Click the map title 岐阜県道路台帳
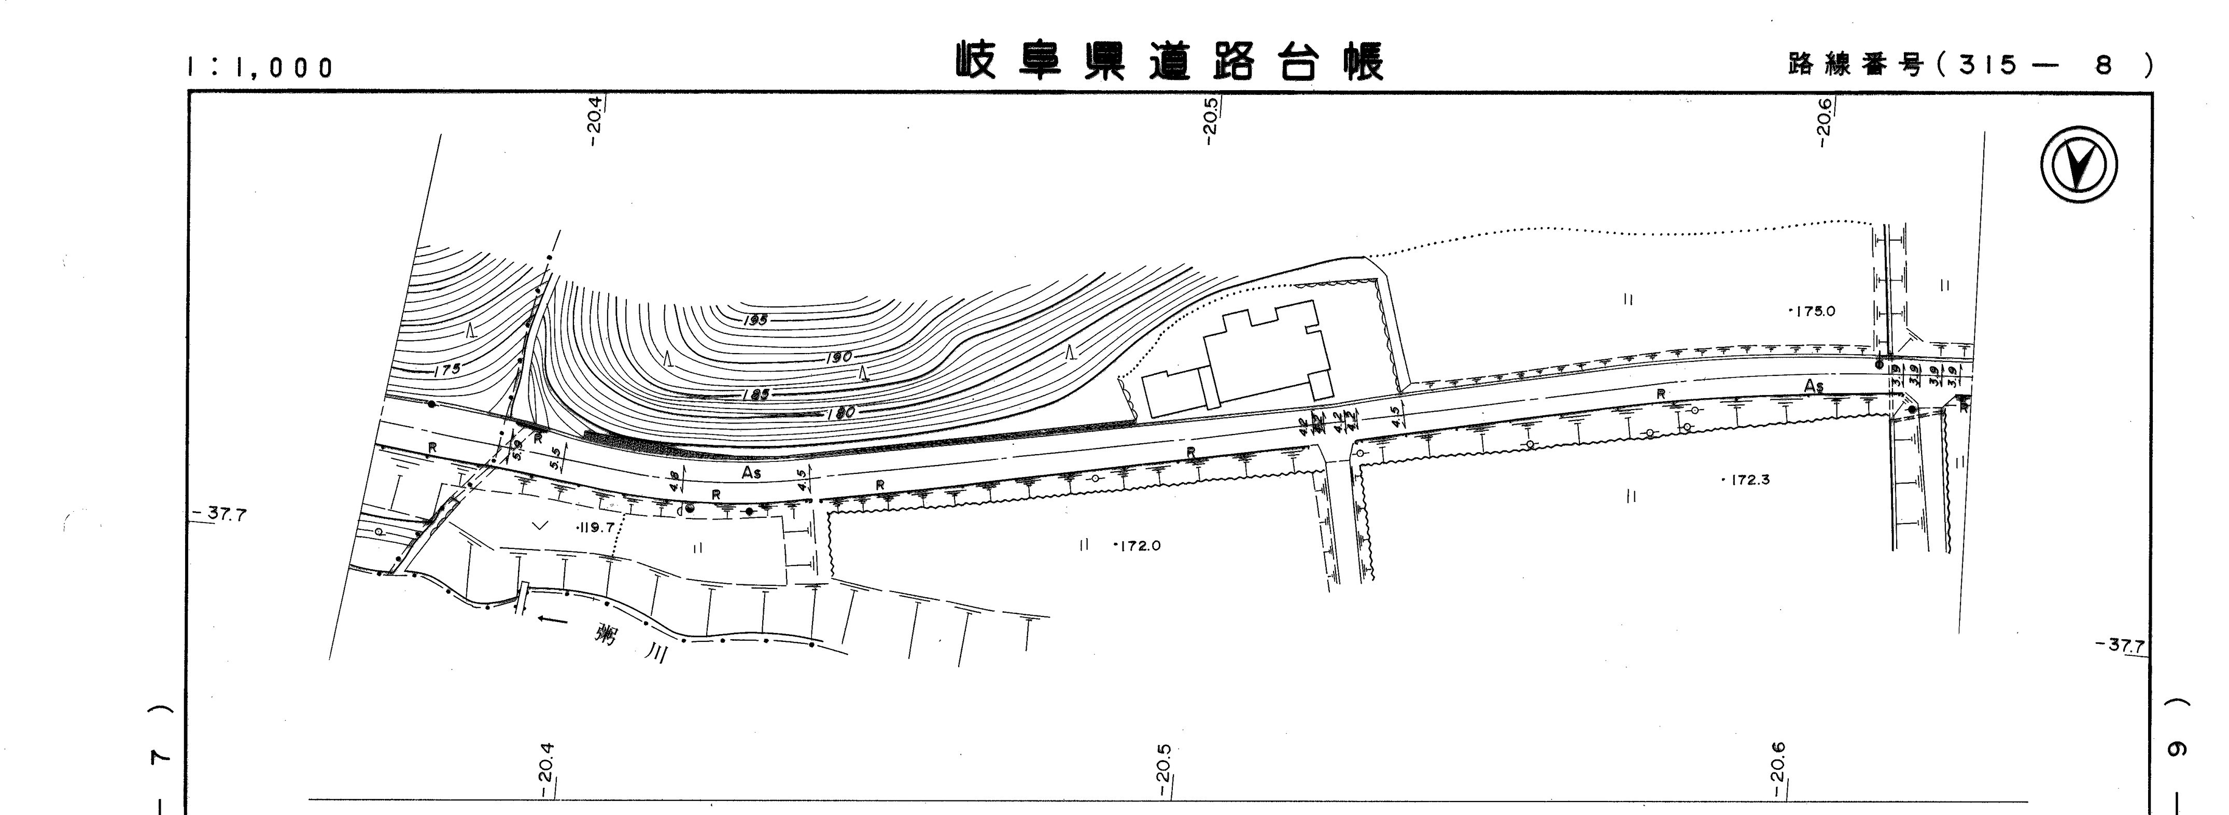(1169, 61)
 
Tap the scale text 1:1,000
(260, 67)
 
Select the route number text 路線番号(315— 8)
(1969, 65)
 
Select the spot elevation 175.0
(1813, 311)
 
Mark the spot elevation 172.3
(1746, 480)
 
